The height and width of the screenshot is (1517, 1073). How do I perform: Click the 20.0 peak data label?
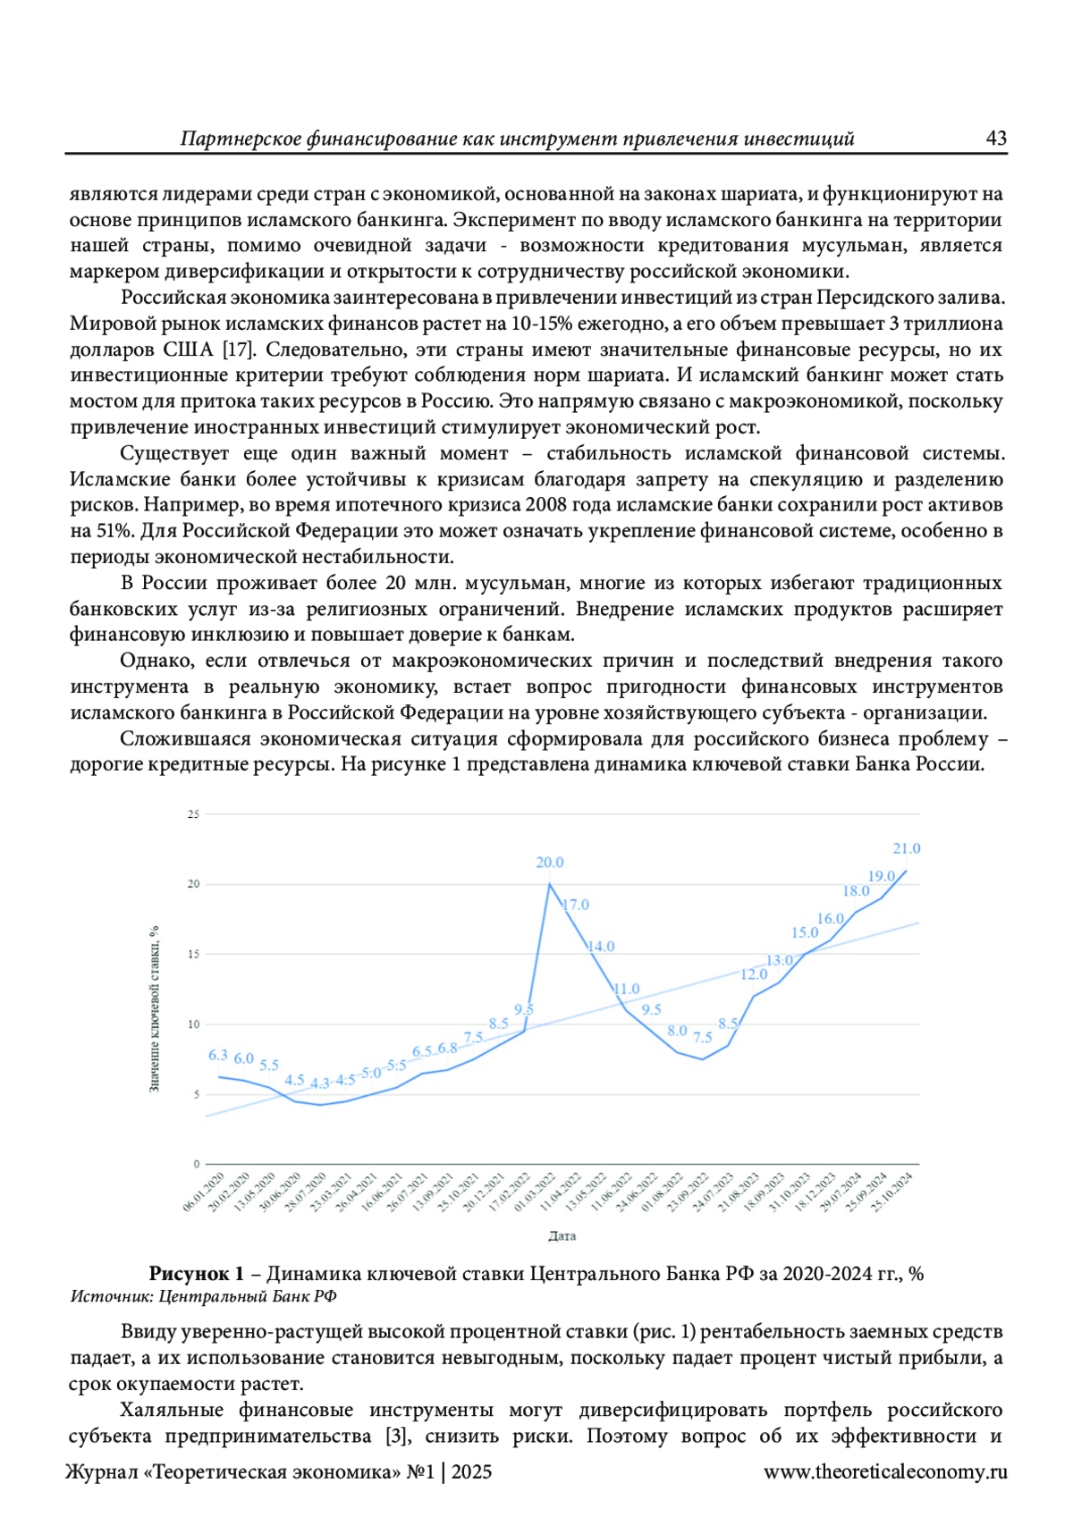pyautogui.click(x=549, y=863)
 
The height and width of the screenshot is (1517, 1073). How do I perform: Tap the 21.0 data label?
pyautogui.click(x=906, y=848)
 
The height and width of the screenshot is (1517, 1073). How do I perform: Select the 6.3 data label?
pyautogui.click(x=218, y=1055)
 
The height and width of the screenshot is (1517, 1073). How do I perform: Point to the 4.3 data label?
pyautogui.click(x=320, y=1083)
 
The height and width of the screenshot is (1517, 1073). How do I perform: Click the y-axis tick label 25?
pyautogui.click(x=193, y=814)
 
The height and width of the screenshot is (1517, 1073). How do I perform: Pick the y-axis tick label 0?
pyautogui.click(x=197, y=1164)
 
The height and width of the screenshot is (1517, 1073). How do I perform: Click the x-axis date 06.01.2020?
pyautogui.click(x=204, y=1193)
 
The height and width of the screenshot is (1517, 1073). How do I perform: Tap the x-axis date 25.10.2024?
pyautogui.click(x=891, y=1193)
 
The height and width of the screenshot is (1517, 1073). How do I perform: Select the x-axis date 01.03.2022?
pyautogui.click(x=535, y=1193)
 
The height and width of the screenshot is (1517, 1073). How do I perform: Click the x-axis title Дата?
pyautogui.click(x=562, y=1236)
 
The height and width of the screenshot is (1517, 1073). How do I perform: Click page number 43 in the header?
pyautogui.click(x=995, y=139)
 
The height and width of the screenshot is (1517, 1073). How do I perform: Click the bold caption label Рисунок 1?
pyautogui.click(x=196, y=1274)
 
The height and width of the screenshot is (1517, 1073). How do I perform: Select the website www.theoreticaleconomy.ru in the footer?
pyautogui.click(x=884, y=1472)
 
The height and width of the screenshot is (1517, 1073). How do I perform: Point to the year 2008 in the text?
pyautogui.click(x=545, y=505)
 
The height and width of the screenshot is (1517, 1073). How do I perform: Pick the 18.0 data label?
pyautogui.click(x=856, y=890)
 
